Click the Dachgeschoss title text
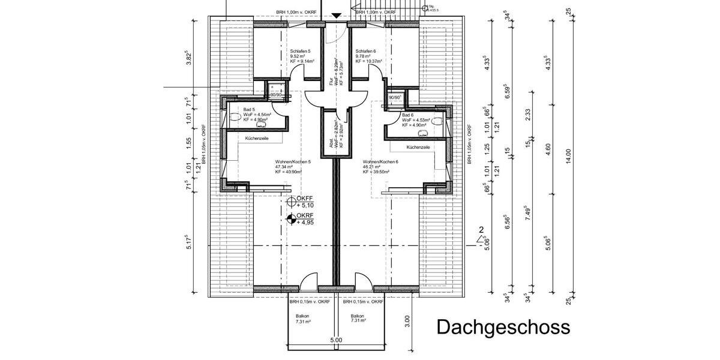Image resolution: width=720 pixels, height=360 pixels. (x=502, y=328)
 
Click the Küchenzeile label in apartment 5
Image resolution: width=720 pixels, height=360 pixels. (x=257, y=138)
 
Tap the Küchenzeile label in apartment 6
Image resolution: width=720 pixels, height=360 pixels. (x=418, y=147)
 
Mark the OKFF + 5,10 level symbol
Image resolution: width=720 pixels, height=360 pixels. (x=292, y=202)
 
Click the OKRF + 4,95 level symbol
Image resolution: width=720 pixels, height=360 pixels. (x=292, y=219)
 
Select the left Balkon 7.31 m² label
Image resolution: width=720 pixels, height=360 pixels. (x=303, y=319)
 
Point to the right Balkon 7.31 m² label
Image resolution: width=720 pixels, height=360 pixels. (x=358, y=319)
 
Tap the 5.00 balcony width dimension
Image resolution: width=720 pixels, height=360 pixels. (x=336, y=340)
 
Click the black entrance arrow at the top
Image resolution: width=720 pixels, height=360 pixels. (x=337, y=16)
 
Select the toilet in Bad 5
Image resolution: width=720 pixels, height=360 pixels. (x=234, y=118)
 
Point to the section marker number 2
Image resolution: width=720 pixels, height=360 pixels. (x=481, y=230)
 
